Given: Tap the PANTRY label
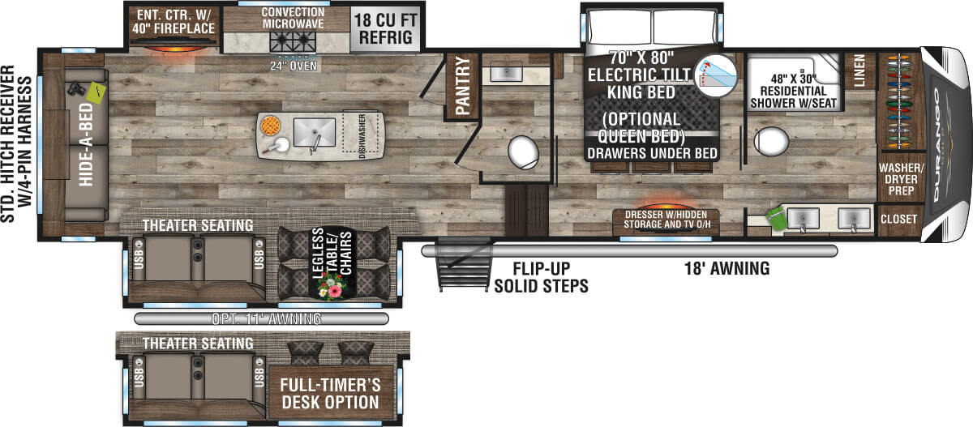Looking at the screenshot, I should coord(465,87).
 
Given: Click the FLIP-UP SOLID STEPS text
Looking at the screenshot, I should coord(541,277).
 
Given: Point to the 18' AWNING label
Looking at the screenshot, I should coord(725,269).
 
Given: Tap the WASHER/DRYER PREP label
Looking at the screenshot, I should coord(898,181).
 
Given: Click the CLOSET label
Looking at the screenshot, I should coord(898,219).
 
